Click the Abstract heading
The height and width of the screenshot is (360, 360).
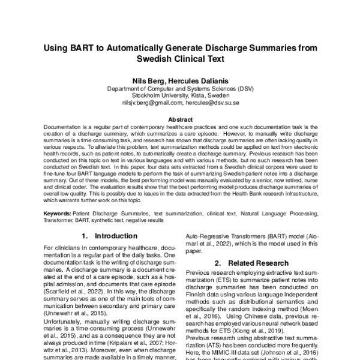tap(180, 120)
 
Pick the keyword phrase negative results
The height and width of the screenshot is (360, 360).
tap(142, 220)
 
